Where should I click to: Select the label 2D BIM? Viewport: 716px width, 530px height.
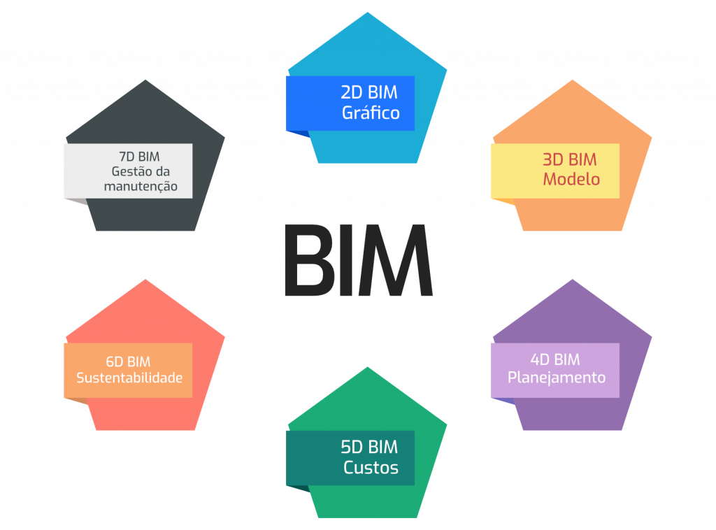(369, 92)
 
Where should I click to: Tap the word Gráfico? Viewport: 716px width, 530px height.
(371, 113)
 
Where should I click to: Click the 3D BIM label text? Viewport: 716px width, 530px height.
(570, 159)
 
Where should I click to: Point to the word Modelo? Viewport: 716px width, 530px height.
(571, 179)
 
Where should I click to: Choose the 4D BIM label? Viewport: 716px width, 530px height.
(555, 359)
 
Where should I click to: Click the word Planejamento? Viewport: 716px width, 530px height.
(556, 378)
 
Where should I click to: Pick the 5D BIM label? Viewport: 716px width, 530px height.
(369, 447)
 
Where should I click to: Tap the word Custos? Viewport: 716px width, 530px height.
(371, 467)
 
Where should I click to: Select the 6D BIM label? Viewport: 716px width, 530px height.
(128, 361)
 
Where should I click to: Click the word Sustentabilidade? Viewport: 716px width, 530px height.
(129, 378)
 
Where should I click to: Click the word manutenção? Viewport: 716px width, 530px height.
(141, 187)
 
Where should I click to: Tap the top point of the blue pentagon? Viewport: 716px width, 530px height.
(366, 13)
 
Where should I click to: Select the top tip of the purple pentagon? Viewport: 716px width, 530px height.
(573, 280)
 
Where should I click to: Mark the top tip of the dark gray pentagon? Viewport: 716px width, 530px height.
(145, 80)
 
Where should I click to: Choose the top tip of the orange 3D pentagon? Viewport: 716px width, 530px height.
(573, 80)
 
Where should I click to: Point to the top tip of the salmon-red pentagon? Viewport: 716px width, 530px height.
(145, 280)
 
